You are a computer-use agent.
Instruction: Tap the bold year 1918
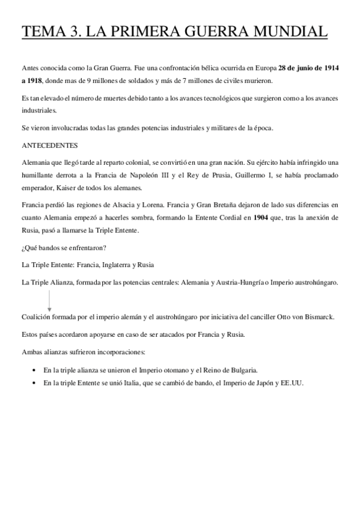pos(32,81)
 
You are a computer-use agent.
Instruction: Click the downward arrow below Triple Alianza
pos(49,298)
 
